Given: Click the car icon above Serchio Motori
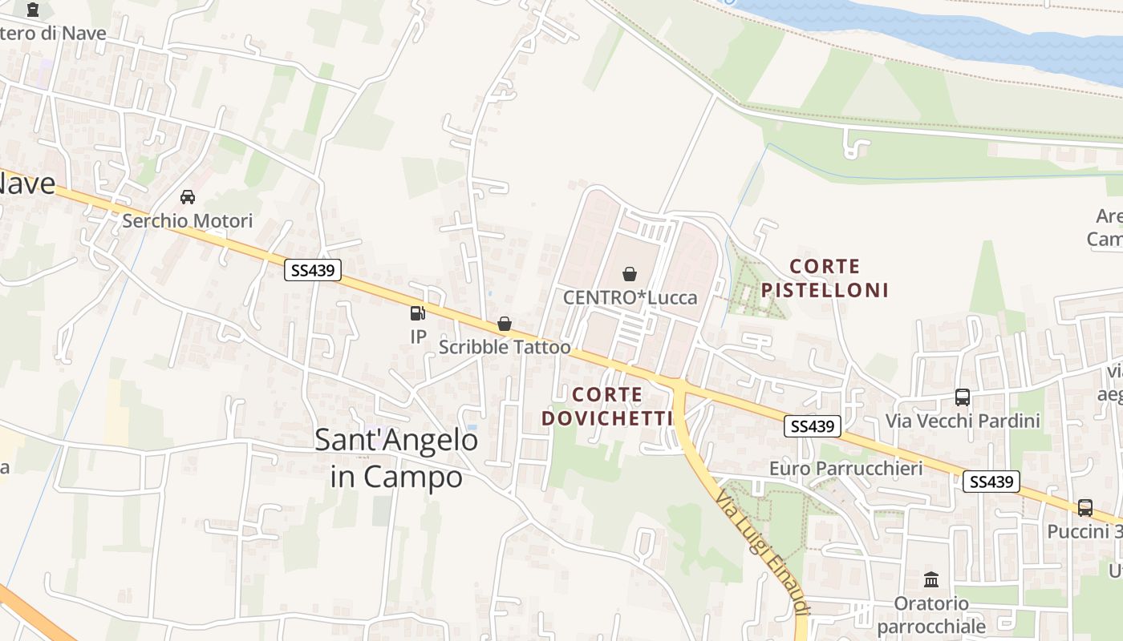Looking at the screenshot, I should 188,196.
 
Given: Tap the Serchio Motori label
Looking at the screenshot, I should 188,220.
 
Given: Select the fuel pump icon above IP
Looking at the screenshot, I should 418,313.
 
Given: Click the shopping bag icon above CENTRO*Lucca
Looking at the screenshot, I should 630,274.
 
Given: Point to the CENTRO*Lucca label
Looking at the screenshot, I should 630,297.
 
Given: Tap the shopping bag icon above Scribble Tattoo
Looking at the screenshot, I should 505,324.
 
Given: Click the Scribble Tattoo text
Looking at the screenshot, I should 505,347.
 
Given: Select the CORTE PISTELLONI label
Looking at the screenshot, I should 825,277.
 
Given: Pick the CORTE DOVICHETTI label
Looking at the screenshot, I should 607,405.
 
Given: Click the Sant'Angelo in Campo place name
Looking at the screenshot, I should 396,458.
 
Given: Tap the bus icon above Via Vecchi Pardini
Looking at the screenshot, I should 963,397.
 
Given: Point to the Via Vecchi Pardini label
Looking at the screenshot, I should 963,421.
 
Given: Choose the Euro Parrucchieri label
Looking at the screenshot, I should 845,468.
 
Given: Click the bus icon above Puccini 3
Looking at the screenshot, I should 1084,507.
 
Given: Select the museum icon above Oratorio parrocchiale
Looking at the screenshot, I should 931,579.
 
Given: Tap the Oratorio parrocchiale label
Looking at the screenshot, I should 931,614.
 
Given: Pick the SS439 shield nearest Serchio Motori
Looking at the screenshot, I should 313,270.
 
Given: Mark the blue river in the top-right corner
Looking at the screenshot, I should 963,32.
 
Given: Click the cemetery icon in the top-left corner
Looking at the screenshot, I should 33,10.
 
